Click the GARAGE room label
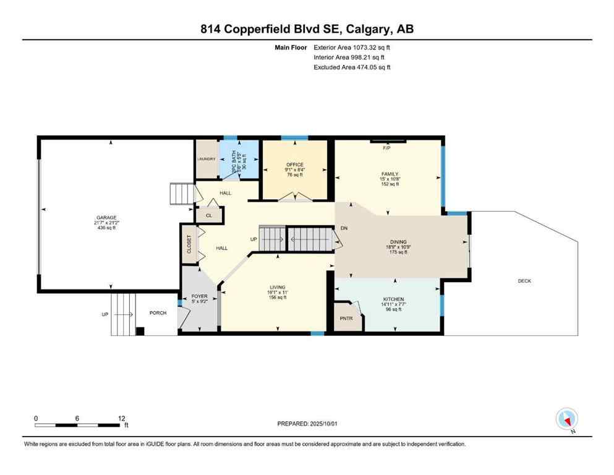click(106, 218)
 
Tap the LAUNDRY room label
click(207, 159)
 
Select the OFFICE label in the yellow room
click(294, 165)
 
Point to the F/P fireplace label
click(386, 148)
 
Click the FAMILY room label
click(389, 174)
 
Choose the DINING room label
click(398, 242)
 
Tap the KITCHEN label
click(393, 299)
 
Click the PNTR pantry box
click(346, 319)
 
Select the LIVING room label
click(277, 287)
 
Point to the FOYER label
click(199, 297)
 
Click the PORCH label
click(158, 313)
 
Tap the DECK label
click(524, 281)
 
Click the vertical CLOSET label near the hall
click(189, 244)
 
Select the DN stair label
click(344, 228)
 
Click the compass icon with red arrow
click(566, 419)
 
